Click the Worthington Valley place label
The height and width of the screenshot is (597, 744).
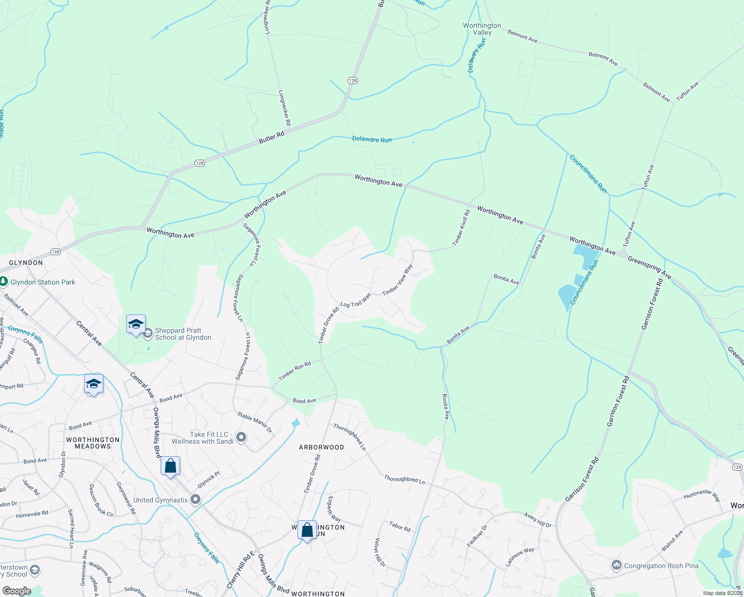pos(482,29)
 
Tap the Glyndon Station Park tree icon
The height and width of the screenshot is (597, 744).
pos(3,282)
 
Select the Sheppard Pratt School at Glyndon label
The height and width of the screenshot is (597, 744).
pos(183,334)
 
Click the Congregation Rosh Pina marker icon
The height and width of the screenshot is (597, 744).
pos(617,565)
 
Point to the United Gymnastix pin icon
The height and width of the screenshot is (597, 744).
pos(195,499)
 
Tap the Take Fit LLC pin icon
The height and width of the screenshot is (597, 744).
pos(241,437)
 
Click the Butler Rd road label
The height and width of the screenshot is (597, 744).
pos(272,137)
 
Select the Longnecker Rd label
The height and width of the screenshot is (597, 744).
pos(285,107)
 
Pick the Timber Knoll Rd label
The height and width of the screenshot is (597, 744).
pos(461,228)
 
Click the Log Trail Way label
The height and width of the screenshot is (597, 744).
pos(356,300)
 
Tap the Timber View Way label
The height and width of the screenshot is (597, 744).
pos(398,280)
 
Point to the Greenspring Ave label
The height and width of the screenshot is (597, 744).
pos(649,267)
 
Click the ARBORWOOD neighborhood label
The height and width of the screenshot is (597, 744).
pos(321,447)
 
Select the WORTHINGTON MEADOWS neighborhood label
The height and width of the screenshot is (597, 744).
pos(93,443)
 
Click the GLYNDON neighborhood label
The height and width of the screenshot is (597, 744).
pos(26,263)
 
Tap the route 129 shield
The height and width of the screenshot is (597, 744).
pos(737,467)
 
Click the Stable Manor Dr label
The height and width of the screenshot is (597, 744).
pos(255,422)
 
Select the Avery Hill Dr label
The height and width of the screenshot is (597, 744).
pos(538,520)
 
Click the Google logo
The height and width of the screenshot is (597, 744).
pos(16,591)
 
